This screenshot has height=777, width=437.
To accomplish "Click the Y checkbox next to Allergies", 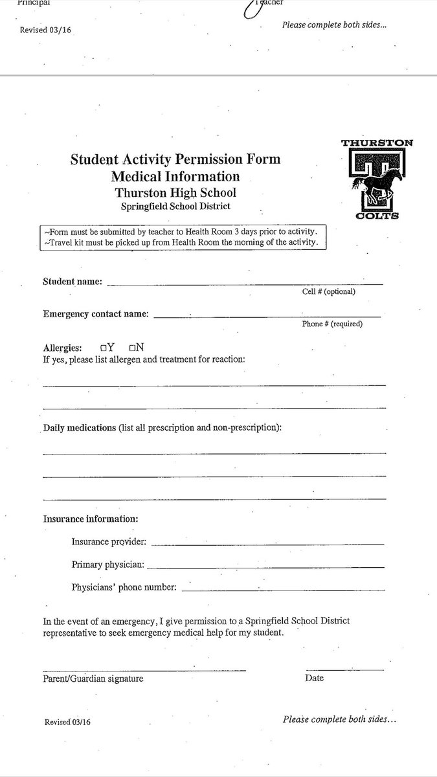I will [x=104, y=348].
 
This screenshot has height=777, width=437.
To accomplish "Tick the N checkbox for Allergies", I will [x=132, y=348].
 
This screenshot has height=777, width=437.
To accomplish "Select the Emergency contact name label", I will [x=96, y=314].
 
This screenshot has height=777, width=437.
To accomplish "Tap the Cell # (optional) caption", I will [x=328, y=291].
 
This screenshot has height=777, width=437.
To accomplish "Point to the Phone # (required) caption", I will [x=332, y=324].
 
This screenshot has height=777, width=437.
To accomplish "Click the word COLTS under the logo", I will [x=377, y=216].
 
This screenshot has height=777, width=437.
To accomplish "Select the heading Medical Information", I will [x=175, y=176].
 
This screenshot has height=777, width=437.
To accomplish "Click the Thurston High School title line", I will [x=175, y=192].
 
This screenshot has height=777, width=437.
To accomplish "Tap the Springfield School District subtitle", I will [x=175, y=207].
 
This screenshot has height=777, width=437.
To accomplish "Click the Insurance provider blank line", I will [x=267, y=544].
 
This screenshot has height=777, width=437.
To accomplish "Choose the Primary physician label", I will [x=107, y=565].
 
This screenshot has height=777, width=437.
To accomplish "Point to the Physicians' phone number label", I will [x=124, y=587].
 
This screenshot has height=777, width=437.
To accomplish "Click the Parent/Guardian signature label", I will [x=93, y=679].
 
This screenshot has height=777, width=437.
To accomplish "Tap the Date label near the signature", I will [x=314, y=678].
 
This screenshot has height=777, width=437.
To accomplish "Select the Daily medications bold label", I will [x=80, y=428].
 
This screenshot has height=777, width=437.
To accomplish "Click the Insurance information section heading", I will [x=91, y=519].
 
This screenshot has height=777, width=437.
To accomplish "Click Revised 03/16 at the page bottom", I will [x=68, y=722].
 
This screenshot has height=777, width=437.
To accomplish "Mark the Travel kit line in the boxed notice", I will [x=181, y=242].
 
